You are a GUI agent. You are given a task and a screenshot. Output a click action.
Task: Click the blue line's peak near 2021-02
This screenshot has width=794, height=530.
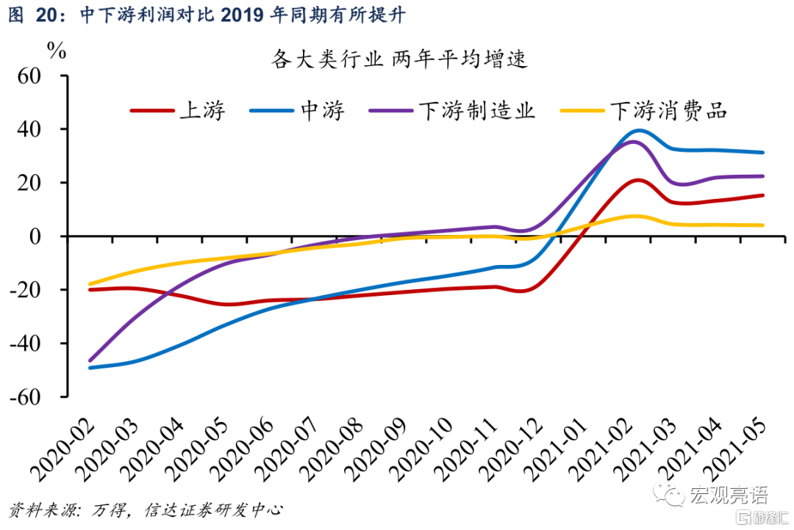638,131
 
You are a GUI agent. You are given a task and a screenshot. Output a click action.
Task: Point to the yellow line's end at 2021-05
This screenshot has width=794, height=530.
763,225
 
